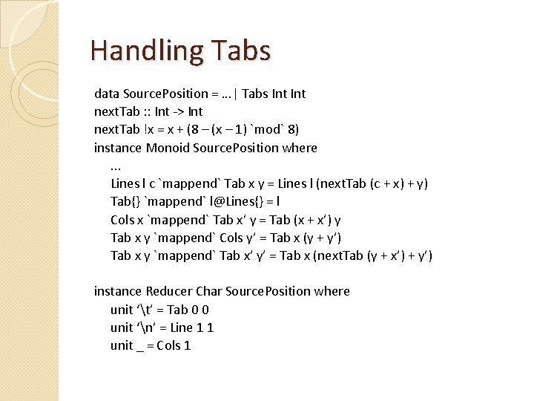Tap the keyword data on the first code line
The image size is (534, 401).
106,94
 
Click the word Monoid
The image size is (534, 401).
168,148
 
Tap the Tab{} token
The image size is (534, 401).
124,201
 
